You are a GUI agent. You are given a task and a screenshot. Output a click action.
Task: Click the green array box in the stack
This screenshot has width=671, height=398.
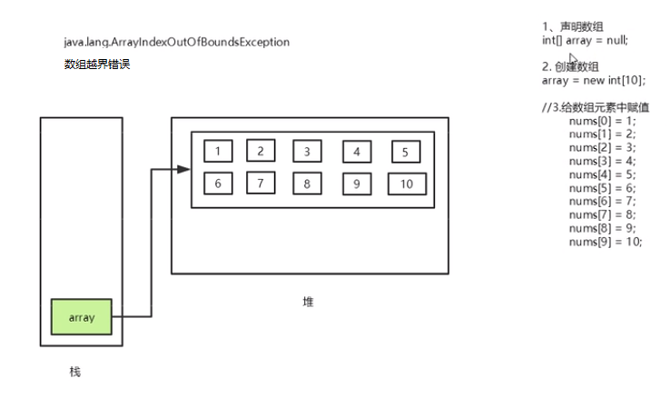click(x=82, y=317)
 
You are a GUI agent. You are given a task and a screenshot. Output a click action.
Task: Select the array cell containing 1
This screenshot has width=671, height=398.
click(x=218, y=152)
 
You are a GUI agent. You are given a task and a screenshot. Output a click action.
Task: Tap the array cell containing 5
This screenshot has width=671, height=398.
click(x=405, y=152)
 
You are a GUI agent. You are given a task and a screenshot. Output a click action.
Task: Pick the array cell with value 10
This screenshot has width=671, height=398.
click(x=406, y=184)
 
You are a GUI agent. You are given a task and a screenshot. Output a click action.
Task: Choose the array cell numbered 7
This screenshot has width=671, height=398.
click(x=261, y=184)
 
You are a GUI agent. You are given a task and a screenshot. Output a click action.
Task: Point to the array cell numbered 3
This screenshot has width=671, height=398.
click(x=308, y=152)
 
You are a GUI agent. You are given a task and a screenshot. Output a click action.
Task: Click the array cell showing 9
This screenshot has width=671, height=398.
click(x=357, y=184)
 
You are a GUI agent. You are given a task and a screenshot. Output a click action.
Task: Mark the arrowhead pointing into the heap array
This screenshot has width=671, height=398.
click(x=183, y=169)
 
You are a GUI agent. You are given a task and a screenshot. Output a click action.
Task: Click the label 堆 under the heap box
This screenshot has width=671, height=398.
click(x=309, y=301)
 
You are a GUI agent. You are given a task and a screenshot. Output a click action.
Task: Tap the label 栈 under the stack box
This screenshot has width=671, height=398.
click(x=75, y=372)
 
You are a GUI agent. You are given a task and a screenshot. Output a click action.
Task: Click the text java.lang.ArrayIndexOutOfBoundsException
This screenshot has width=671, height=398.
click(x=176, y=43)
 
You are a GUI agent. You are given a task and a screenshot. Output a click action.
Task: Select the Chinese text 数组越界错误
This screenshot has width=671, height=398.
click(x=96, y=65)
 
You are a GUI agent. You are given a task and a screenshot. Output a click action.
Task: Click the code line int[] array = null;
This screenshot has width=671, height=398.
click(x=585, y=40)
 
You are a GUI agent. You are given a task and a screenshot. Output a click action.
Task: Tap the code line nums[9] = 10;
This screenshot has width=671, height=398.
click(x=606, y=242)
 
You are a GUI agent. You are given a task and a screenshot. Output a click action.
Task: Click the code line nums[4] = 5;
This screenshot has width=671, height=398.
click(x=603, y=174)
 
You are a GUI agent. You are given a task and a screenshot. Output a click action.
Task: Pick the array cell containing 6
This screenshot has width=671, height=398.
click(x=218, y=184)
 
